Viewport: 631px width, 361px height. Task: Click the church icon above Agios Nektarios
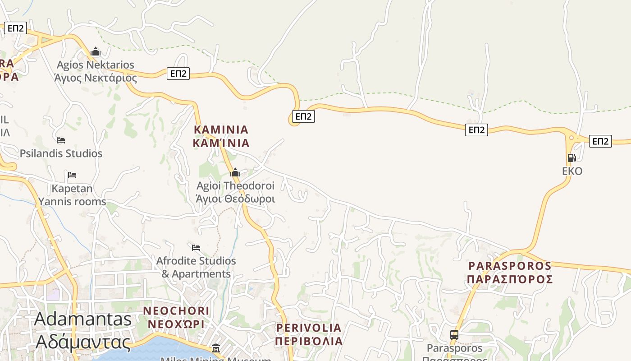click(95, 52)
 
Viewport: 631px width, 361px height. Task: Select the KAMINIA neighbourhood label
click(221, 136)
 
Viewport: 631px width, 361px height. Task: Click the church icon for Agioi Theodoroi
click(235, 172)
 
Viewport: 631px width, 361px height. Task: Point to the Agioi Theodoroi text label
click(235, 192)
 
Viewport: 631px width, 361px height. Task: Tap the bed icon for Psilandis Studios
click(61, 140)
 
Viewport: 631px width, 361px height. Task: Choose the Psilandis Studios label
click(61, 153)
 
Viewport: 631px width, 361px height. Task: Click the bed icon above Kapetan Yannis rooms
click(72, 175)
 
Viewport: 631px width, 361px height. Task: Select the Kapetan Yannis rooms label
click(72, 195)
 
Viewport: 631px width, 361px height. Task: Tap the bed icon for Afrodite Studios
click(196, 248)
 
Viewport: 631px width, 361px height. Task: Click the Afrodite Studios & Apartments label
click(196, 268)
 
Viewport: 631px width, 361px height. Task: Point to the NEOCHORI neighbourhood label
click(176, 317)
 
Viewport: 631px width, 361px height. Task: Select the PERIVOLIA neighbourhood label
click(309, 334)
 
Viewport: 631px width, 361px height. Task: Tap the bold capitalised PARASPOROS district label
click(510, 273)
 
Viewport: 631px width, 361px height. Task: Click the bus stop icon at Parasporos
click(454, 335)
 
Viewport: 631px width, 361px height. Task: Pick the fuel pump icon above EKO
click(572, 157)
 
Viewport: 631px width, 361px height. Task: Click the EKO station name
click(572, 171)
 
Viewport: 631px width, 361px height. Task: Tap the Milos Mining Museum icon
click(216, 348)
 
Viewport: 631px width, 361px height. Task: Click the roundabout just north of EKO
click(572, 138)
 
